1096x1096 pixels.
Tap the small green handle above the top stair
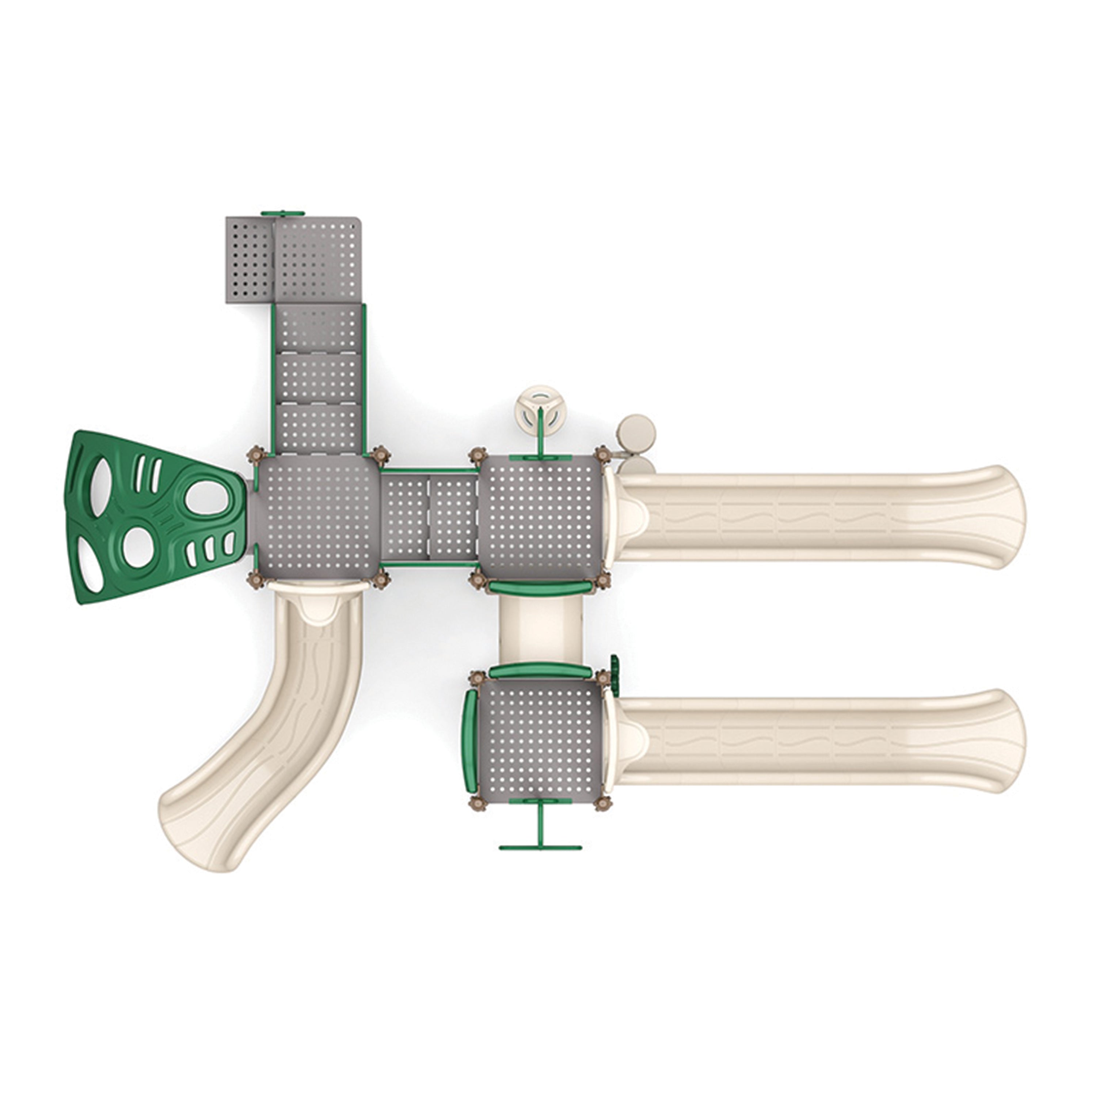pos(281,213)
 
